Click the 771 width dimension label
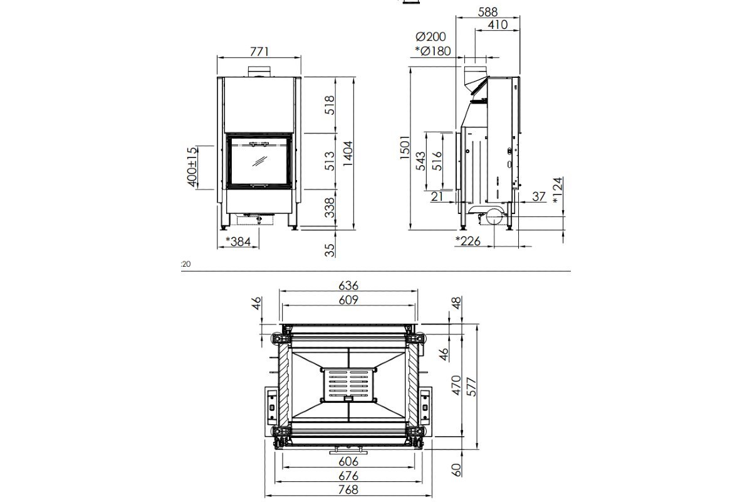coord(259,51)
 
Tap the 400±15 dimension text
coord(192,167)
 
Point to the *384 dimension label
coord(238,241)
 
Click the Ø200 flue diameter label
coord(431,36)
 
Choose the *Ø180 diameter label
coord(433,51)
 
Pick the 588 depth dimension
coord(488,12)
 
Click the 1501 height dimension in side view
coord(405,147)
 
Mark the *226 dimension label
coord(468,241)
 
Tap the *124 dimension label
coord(557,190)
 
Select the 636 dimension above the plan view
coord(348,286)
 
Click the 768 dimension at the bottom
coord(348,489)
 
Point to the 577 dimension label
coord(472,387)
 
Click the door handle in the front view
coord(259,144)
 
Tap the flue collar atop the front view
coord(259,72)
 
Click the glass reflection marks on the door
coord(260,161)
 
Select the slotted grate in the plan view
coord(348,385)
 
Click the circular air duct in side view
coord(494,216)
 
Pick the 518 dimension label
coord(330,105)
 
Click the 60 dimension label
coord(457,470)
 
